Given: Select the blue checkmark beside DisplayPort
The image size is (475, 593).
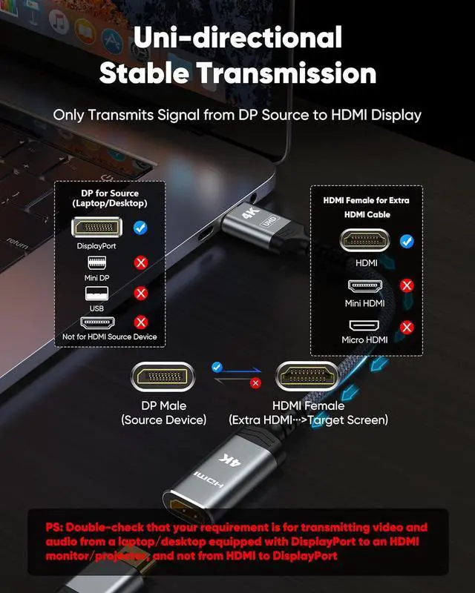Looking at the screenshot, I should click(x=140, y=228).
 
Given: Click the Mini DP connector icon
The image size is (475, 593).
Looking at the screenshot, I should click(x=96, y=264).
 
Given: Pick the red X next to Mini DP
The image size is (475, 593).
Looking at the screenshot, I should click(x=140, y=263).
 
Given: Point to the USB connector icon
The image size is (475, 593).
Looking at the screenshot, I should click(x=96, y=294).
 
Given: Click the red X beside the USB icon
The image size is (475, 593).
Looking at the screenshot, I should click(x=140, y=294).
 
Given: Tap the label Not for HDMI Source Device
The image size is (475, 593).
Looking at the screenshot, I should click(x=110, y=337).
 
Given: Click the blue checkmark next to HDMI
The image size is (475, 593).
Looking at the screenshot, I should click(x=407, y=241).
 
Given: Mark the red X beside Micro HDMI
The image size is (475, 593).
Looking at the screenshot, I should click(x=407, y=327).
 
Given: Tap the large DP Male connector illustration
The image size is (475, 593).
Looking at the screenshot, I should click(x=163, y=377).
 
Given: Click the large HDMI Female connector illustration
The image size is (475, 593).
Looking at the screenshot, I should click(x=308, y=377).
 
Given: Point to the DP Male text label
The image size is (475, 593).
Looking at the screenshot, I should click(x=163, y=405).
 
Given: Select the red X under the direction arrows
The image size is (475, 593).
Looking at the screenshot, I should click(x=255, y=383).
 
